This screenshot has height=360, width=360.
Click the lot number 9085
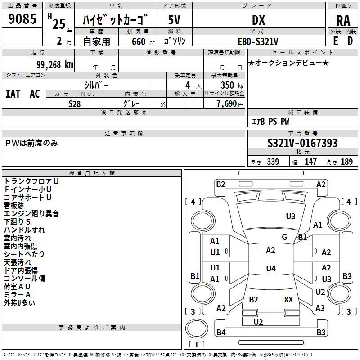coord(22,18)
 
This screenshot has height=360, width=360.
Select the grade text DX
coord(258,20)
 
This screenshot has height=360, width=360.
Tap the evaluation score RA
coord(343,21)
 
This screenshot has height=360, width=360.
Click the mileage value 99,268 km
coord(54,65)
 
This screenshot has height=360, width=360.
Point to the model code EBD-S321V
coord(258,41)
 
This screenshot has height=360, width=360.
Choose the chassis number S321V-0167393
coord(302,143)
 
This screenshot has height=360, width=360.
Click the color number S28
coord(74,104)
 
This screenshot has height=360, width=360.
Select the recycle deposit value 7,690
coord(227,104)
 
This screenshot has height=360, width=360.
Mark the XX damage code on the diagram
coord(288,299)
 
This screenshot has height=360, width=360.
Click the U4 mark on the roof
coord(271,268)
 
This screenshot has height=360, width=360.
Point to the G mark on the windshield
coord(284,237)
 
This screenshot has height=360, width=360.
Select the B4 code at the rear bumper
coord(221,332)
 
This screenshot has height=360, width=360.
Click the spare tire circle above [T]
coord(197,328)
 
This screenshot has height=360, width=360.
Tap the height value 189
coord(346,162)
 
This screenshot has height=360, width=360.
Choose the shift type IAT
coord(13,94)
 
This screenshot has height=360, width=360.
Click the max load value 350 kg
coord(232,85)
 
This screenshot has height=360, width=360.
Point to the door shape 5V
coord(174,20)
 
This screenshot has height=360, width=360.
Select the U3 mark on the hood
coord(290,216)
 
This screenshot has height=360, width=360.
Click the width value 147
coord(310,162)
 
